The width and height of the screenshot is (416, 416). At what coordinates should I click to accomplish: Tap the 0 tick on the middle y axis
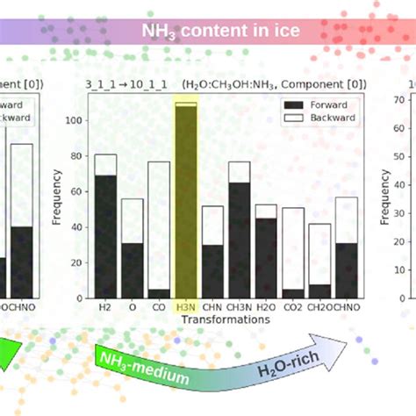click(84, 298)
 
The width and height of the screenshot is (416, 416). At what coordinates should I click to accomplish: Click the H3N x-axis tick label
click(186, 307)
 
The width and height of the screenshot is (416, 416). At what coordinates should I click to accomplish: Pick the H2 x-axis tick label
click(105, 307)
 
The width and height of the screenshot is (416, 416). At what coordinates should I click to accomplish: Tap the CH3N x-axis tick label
click(240, 307)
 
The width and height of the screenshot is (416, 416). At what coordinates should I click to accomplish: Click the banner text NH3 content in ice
click(221, 31)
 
